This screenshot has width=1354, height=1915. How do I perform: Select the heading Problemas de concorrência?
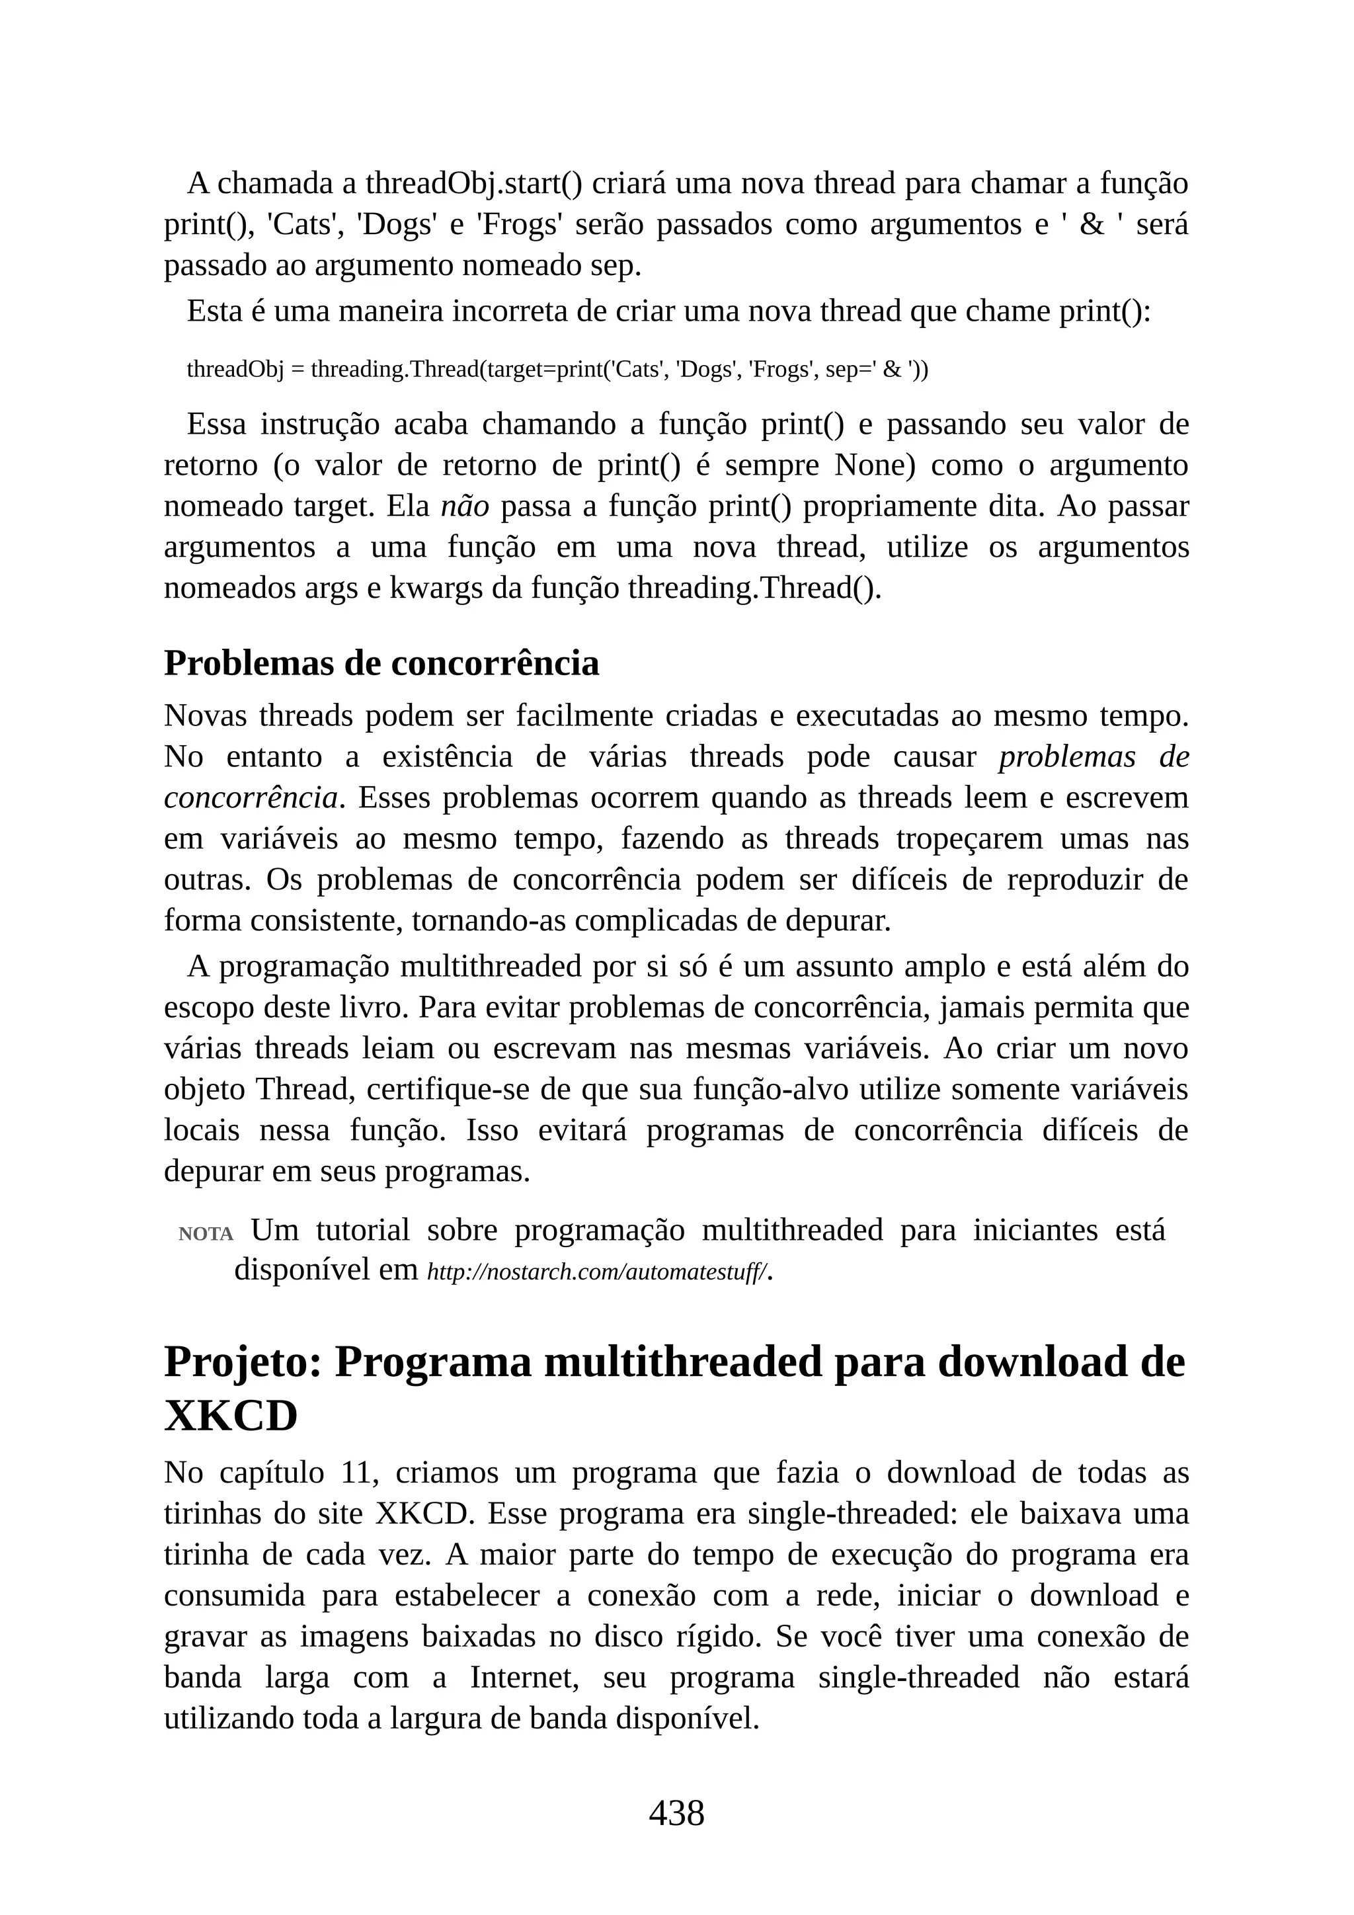(x=381, y=663)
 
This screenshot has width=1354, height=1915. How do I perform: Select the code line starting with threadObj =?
(x=557, y=369)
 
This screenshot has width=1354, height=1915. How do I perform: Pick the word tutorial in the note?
(x=363, y=1230)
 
